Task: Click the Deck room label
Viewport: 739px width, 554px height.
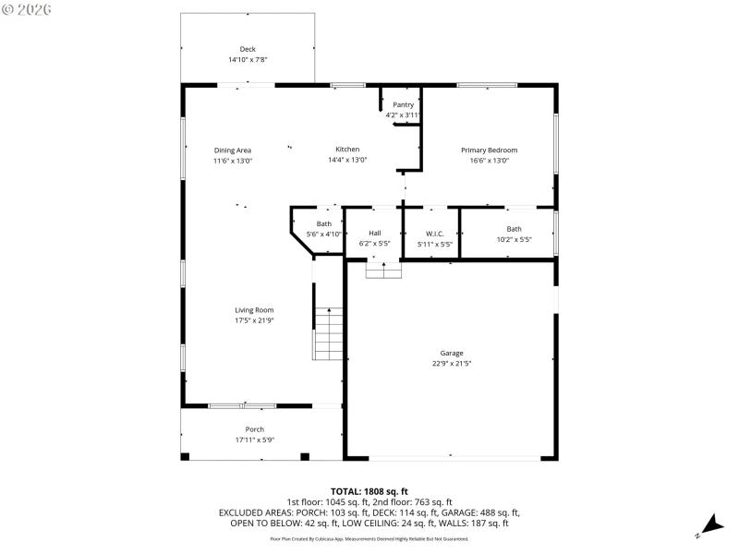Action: tap(248, 49)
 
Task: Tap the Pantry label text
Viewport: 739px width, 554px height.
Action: tap(403, 104)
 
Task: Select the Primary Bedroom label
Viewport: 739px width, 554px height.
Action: tap(489, 150)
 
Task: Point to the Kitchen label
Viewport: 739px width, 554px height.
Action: tap(347, 150)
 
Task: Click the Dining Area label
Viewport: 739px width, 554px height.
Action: tap(233, 150)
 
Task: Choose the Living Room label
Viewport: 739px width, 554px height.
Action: tap(254, 310)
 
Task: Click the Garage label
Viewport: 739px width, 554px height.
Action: tap(452, 353)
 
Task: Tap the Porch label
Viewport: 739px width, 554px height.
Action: tap(255, 429)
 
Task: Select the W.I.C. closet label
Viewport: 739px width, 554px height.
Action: tap(434, 233)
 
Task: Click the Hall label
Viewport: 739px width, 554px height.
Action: tap(374, 233)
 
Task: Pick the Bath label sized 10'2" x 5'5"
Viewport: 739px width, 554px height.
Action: tap(514, 229)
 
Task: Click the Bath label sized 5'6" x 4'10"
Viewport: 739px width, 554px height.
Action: tap(324, 223)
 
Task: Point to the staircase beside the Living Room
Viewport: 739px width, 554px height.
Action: tap(328, 333)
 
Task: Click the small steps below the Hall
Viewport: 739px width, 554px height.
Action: tap(384, 269)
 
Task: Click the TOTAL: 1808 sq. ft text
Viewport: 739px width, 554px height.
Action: tap(369, 491)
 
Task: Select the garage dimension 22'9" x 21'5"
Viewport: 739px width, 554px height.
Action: tap(452, 363)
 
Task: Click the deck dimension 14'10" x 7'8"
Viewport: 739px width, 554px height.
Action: tap(248, 59)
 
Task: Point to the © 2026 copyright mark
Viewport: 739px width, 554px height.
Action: tap(27, 8)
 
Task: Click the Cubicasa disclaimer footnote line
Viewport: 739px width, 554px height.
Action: tap(369, 537)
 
